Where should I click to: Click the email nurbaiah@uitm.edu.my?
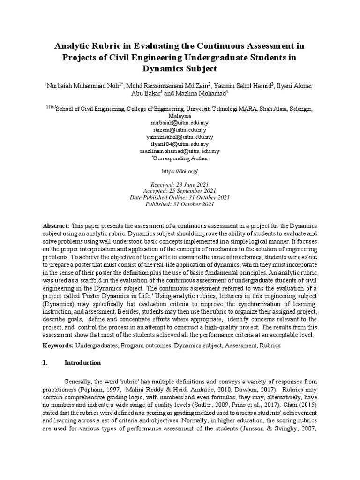pyautogui.click(x=180, y=122)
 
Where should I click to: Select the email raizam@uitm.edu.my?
pyautogui.click(x=180, y=129)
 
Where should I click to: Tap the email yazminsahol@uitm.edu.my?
pyautogui.click(x=180, y=137)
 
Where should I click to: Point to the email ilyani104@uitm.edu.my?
pyautogui.click(x=180, y=144)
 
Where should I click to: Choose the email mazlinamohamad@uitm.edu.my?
pyautogui.click(x=180, y=151)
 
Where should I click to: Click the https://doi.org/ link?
pyautogui.click(x=180, y=172)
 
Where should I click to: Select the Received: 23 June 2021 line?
pyautogui.click(x=180, y=184)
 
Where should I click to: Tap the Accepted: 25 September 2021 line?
pyautogui.click(x=180, y=191)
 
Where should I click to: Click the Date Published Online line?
pyautogui.click(x=180, y=197)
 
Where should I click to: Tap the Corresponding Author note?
pyautogui.click(x=180, y=159)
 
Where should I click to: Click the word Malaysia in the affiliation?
pyautogui.click(x=180, y=115)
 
